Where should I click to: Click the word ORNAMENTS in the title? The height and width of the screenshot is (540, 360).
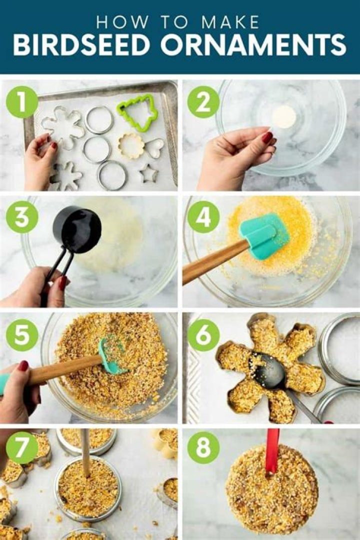point(253,45)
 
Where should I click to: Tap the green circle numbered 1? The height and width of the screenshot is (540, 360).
point(22,102)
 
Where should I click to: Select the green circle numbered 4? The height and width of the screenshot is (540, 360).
point(203,217)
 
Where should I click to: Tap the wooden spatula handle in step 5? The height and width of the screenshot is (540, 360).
point(65,369)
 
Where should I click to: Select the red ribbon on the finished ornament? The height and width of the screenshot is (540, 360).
point(272,451)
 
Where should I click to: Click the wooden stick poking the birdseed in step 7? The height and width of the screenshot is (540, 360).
point(85,452)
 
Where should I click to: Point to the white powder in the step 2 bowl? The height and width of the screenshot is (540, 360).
point(284,116)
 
